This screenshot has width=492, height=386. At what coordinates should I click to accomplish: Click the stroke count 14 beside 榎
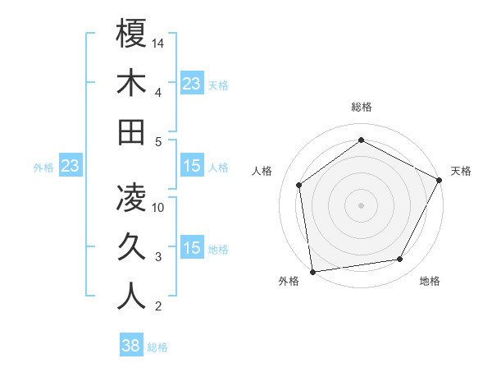(x=159, y=43)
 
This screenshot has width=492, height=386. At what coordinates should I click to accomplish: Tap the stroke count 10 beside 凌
(x=159, y=208)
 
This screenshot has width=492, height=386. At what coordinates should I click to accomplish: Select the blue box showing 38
(x=131, y=346)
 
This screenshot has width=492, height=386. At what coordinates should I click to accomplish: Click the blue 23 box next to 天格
(x=192, y=83)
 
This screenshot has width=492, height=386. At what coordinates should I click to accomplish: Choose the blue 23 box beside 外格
(x=70, y=167)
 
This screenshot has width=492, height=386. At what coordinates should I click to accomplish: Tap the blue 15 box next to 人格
(x=192, y=167)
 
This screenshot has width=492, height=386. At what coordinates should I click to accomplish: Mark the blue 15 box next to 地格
(x=192, y=249)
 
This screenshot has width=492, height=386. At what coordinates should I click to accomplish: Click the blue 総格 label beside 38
(x=157, y=347)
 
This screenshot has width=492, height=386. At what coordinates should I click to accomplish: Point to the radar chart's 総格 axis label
(x=361, y=107)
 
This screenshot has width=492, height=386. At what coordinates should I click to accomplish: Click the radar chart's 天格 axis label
(x=461, y=171)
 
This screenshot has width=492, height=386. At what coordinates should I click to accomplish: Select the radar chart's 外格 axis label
(x=288, y=281)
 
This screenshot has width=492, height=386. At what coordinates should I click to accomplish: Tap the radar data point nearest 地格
(x=400, y=260)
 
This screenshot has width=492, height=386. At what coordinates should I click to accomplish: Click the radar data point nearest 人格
(x=299, y=185)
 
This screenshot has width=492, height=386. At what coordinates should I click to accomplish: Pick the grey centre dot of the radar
(x=361, y=204)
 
